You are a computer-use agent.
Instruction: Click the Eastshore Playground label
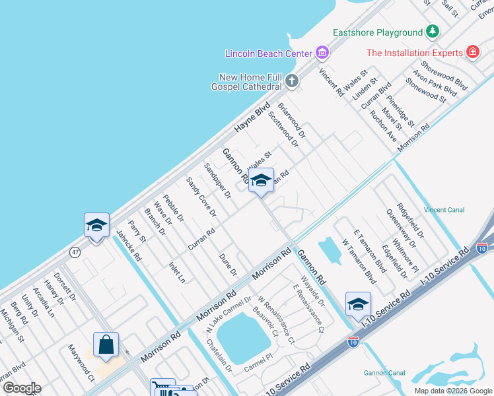(377, 32)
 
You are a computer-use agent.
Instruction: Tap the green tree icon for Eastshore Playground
(433, 31)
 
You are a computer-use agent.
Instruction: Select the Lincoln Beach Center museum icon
(322, 52)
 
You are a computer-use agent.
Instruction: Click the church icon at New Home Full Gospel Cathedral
(291, 82)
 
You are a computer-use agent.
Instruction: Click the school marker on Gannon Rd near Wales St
(261, 180)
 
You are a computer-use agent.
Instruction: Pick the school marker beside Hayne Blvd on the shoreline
(96, 226)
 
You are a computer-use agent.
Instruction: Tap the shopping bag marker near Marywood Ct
(106, 344)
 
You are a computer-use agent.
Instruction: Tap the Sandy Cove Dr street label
(201, 197)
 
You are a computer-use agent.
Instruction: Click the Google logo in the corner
(21, 388)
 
